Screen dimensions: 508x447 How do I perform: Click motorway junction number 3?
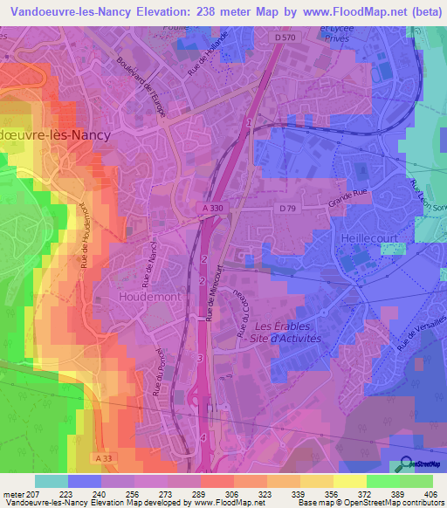coord(200,358)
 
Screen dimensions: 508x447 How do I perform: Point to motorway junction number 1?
coord(250,122)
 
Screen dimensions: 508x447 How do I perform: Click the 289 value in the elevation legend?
coord(184,494)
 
